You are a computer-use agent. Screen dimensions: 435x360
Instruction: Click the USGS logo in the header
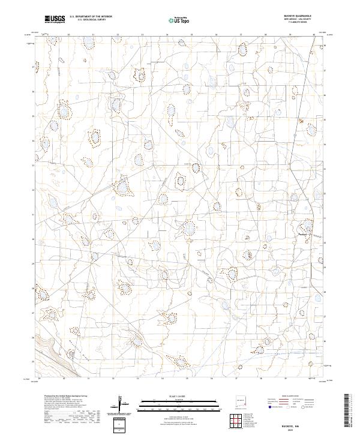coord(55,19)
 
